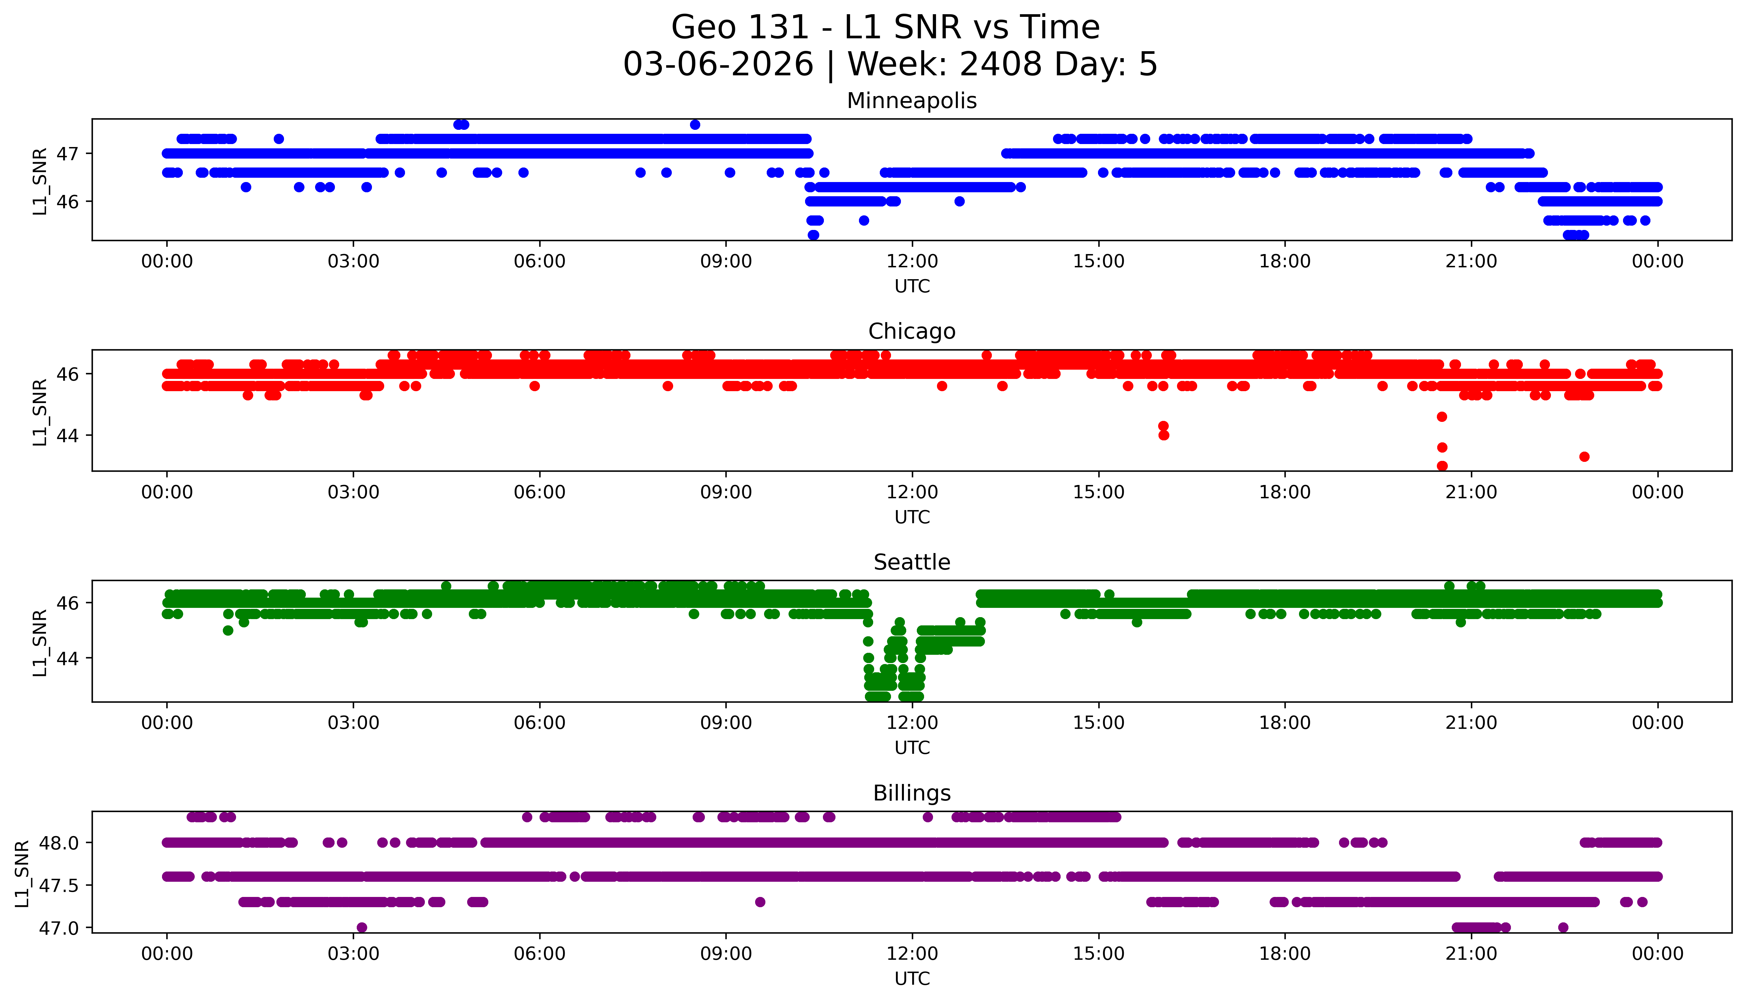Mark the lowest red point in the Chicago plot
[x=1442, y=466]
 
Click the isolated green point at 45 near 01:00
[x=228, y=630]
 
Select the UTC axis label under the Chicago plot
[x=912, y=517]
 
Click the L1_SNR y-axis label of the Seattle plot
[x=40, y=642]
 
